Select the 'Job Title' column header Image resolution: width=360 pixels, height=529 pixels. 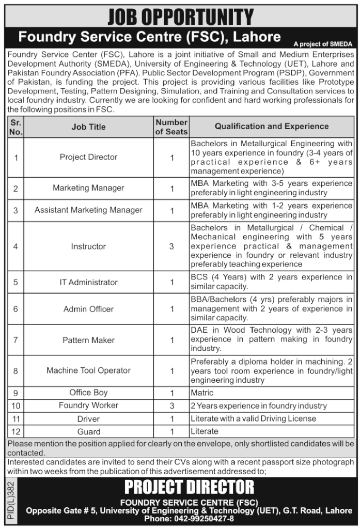point(88,127)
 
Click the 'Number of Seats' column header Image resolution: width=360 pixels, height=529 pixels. point(171,127)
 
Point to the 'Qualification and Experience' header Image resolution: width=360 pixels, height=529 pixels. point(272,126)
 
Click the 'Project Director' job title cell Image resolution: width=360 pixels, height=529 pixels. point(88,157)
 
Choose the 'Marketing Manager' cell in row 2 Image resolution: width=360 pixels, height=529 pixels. point(88,188)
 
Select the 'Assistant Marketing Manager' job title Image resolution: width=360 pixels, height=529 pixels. point(88,210)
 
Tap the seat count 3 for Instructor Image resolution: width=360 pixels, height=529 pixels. point(171,246)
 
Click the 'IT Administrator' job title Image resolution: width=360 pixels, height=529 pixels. point(88,282)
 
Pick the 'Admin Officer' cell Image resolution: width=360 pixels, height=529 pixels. point(88,309)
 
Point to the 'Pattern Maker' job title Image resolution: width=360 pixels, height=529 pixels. point(88,340)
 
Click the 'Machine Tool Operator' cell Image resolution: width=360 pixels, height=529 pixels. point(88,370)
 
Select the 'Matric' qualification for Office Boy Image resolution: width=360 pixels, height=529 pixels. point(202,393)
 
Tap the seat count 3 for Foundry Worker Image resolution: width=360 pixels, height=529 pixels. point(171,406)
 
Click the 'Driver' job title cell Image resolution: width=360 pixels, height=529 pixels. point(88,418)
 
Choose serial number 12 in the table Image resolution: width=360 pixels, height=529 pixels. point(15,431)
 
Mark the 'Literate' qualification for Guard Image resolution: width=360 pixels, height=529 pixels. point(205,431)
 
